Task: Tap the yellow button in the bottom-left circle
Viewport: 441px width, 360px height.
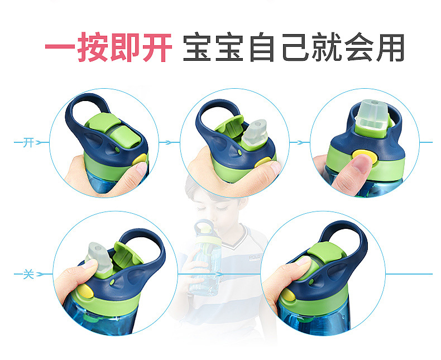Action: (84, 291)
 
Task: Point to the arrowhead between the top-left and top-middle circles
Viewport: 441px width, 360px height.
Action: (165, 143)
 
